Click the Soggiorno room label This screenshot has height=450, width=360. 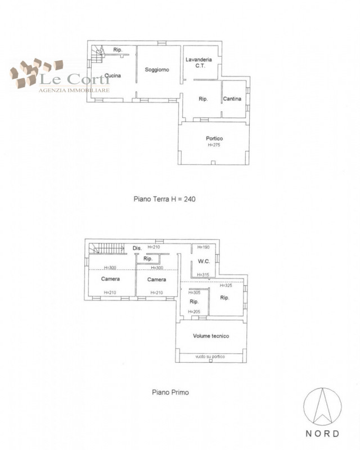pos(157,69)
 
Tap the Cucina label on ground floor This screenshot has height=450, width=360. pos(112,75)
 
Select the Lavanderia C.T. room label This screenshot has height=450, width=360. pos(199,62)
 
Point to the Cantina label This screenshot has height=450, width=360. pos(232,99)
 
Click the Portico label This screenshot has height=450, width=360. pos(214,138)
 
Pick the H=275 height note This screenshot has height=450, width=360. pos(214,145)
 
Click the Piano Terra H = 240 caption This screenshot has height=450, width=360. pos(164,199)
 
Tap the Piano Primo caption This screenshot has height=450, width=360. pos(170,392)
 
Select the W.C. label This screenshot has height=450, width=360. pos(204,261)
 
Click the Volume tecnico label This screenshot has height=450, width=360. pos(211,336)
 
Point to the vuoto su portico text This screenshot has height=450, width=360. pos(210,357)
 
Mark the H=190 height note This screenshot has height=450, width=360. pos(203,247)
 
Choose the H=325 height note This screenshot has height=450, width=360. pos(226,286)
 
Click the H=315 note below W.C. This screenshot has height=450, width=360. pos(203,274)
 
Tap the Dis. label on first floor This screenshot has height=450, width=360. pos(137,248)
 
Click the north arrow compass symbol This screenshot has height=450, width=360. pos(323,407)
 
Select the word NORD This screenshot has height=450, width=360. pos(322,433)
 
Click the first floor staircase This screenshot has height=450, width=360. pos(107,249)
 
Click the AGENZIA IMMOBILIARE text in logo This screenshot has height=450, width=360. pos(74,91)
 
